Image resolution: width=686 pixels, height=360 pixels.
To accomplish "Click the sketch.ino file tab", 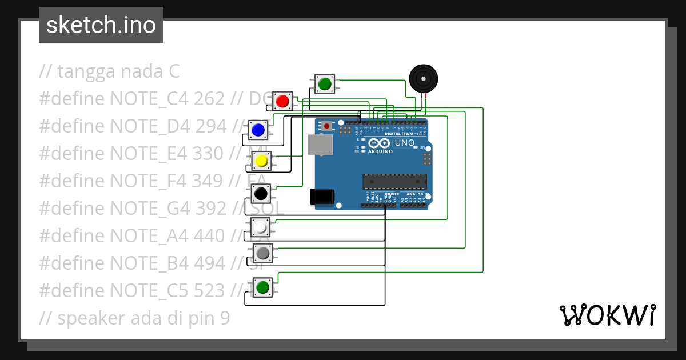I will pyautogui.click(x=101, y=25).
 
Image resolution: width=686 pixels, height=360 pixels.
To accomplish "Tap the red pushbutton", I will pyautogui.click(x=282, y=101).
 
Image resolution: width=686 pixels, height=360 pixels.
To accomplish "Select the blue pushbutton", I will pyautogui.click(x=258, y=130).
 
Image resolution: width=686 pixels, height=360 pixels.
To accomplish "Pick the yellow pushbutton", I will pyautogui.click(x=261, y=161).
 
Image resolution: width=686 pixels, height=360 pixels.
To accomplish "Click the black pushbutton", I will pyautogui.click(x=261, y=194).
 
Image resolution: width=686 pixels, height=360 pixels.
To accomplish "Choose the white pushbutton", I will pyautogui.click(x=261, y=227).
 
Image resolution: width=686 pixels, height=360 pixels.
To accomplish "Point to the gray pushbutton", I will pyautogui.click(x=263, y=253).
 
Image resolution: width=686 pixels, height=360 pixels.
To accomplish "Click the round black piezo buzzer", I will pyautogui.click(x=424, y=78).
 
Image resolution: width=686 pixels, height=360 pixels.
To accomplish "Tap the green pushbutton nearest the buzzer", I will pyautogui.click(x=325, y=84).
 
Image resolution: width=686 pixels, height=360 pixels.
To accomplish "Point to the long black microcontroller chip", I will pyautogui.click(x=394, y=181).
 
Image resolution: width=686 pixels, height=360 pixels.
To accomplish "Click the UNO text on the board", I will pyautogui.click(x=405, y=143).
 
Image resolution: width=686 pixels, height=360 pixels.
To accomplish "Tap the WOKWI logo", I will pyautogui.click(x=607, y=315).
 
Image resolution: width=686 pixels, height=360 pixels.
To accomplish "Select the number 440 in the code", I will pyautogui.click(x=210, y=235).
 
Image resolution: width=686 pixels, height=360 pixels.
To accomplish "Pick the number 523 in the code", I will pyautogui.click(x=209, y=290).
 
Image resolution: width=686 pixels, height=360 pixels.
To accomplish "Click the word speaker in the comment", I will pyautogui.click(x=92, y=318).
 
